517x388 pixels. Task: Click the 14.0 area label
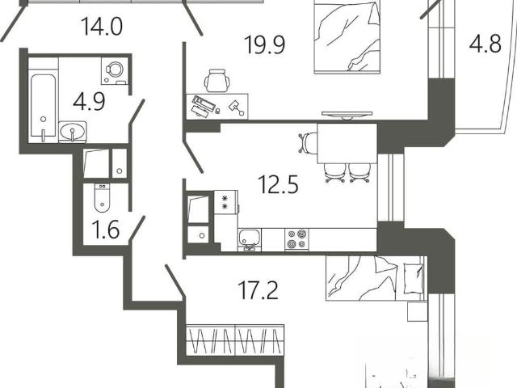(x=102, y=27)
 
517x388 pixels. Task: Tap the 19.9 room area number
(x=264, y=44)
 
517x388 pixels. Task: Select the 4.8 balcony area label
(x=485, y=44)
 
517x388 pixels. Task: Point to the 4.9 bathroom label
(x=89, y=101)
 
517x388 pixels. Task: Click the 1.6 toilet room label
(x=105, y=230)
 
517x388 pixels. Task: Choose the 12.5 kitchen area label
(x=278, y=184)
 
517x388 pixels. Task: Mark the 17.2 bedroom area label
(x=258, y=290)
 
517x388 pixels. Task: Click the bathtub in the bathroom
(x=43, y=106)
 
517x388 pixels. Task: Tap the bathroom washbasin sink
(x=73, y=132)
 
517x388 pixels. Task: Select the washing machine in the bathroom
(x=114, y=71)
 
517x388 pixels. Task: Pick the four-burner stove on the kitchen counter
(x=296, y=239)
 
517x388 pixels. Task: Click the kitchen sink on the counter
(x=250, y=239)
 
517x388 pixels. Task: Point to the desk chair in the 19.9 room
(x=217, y=81)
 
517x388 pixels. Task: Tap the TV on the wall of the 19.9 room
(x=347, y=115)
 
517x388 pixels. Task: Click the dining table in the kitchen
(x=347, y=144)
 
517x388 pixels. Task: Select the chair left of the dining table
(x=308, y=143)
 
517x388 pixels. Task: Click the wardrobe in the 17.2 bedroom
(x=235, y=340)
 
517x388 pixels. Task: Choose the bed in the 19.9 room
(x=347, y=36)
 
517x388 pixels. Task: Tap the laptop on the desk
(x=203, y=104)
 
